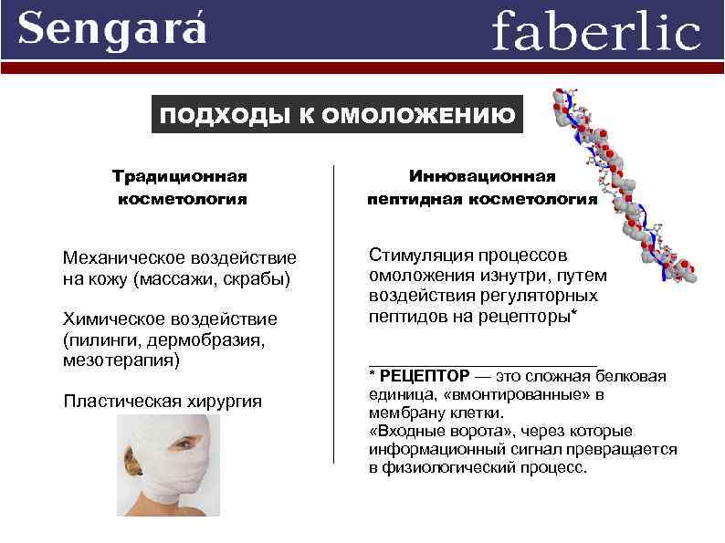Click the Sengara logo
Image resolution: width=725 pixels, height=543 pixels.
(112, 29)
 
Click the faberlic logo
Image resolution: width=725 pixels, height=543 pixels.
(595, 32)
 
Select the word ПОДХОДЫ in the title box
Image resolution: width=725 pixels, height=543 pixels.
(221, 116)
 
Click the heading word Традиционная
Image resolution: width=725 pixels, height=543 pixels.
(181, 174)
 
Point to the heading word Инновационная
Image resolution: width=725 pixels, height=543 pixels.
(482, 174)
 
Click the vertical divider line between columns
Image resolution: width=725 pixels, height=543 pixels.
(333, 310)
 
